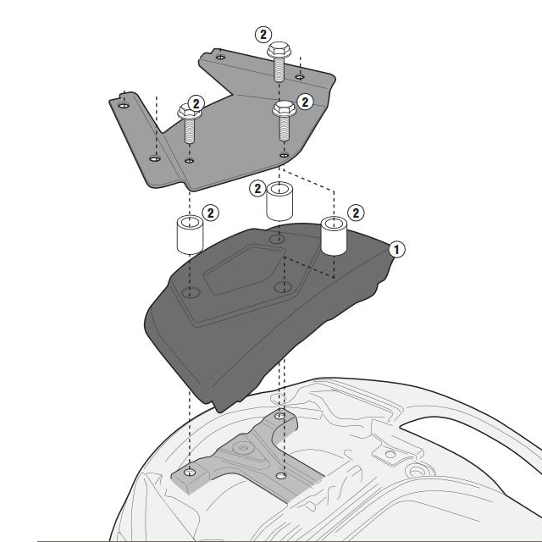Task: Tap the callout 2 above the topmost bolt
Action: click(x=263, y=35)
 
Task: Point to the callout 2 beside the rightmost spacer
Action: click(x=356, y=213)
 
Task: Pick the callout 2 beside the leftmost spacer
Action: click(x=210, y=213)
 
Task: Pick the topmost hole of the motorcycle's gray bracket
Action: click(x=281, y=417)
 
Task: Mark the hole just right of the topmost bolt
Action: click(x=300, y=75)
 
